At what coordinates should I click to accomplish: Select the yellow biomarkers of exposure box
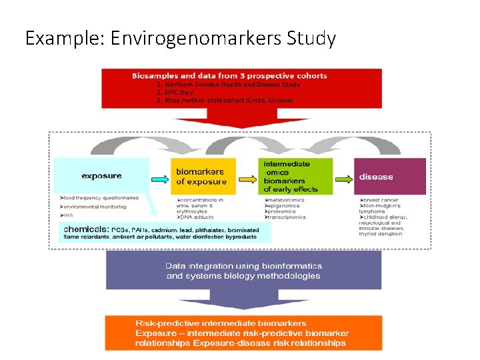[203, 177]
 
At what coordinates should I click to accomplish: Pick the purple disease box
[389, 177]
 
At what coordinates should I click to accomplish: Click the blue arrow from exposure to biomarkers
[160, 179]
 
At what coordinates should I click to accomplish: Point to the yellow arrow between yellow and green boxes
[247, 179]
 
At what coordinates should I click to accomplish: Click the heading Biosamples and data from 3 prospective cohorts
[229, 76]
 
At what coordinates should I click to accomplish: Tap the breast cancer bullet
[381, 199]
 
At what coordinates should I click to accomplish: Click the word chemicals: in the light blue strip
[86, 228]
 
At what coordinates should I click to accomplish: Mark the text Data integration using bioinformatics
[244, 266]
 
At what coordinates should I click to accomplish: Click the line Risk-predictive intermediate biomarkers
[221, 323]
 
